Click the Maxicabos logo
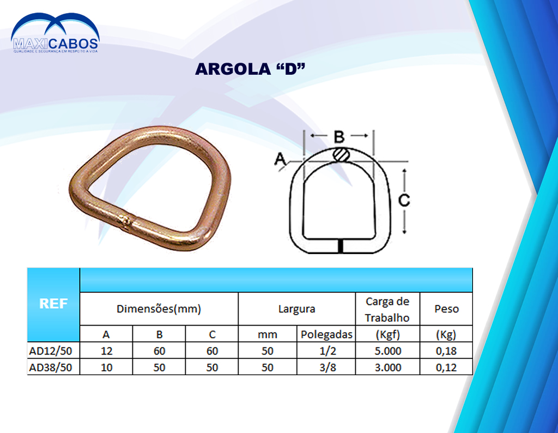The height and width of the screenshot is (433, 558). point(55,33)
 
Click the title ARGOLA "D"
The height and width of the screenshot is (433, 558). point(250,69)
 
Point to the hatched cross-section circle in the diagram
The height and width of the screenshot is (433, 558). point(341,155)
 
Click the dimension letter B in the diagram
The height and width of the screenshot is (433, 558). point(339,136)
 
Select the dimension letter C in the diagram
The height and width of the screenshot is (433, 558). point(404,200)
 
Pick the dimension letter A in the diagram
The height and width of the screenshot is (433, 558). point(280,159)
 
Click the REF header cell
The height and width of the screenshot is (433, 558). point(53,304)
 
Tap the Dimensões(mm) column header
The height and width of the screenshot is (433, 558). point(159,309)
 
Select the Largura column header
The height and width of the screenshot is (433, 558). point(297,309)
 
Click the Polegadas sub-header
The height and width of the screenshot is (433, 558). point(326,335)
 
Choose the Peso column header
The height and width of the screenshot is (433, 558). point(446,309)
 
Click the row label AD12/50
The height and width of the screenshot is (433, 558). point(51,351)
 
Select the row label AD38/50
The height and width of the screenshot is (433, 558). point(51,368)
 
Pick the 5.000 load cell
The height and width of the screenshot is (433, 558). point(387,351)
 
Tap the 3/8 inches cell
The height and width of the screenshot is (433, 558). point(327,368)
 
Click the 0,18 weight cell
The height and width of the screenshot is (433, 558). point(446,351)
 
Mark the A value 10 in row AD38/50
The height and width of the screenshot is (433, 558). point(106,368)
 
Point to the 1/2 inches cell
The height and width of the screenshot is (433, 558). point(327,351)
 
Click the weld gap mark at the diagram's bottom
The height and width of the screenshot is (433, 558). point(341,246)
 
